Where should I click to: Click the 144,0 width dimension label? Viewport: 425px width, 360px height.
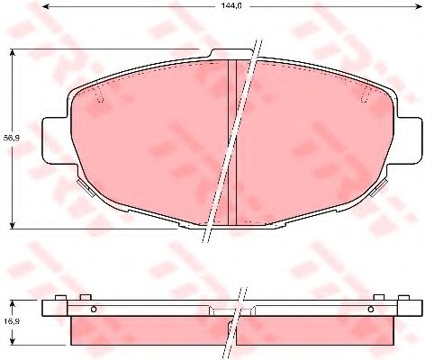coord(232,5)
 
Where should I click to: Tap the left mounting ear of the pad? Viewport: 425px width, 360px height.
coord(56,140)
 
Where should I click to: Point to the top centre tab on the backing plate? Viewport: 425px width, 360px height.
coord(231,53)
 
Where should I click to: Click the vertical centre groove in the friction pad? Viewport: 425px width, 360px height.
coord(232,142)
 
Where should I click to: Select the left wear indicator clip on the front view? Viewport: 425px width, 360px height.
coord(86,187)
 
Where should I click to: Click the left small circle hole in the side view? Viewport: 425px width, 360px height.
coord(94,309)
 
